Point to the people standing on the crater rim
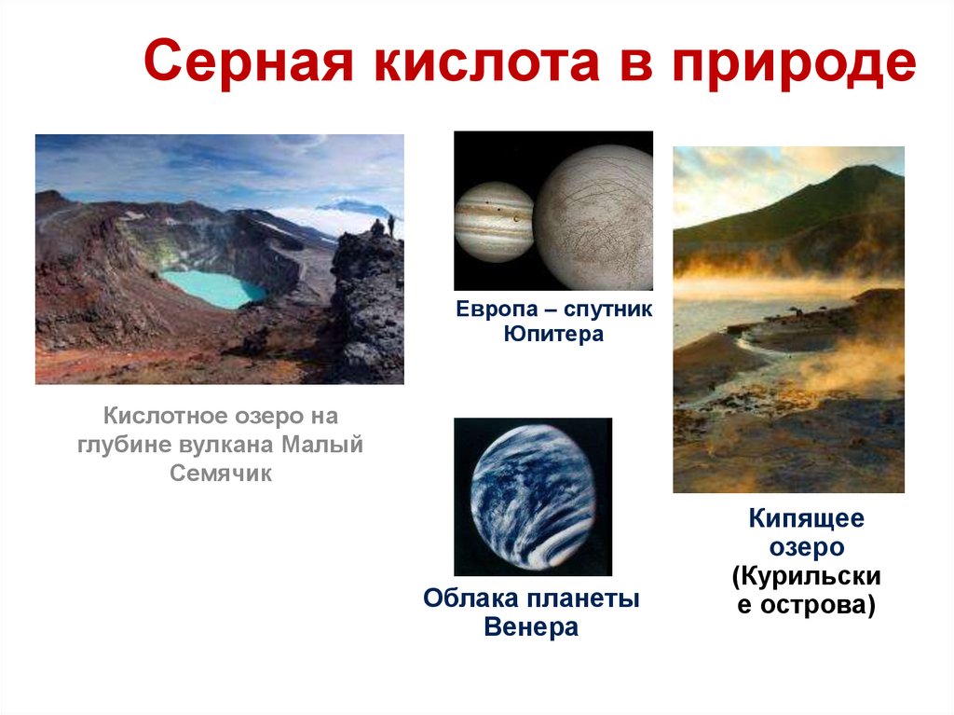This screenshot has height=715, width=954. pyautogui.click(x=383, y=226)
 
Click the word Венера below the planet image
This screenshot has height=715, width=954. pyautogui.click(x=531, y=627)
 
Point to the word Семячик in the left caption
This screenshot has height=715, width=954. pyautogui.click(x=220, y=473)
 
